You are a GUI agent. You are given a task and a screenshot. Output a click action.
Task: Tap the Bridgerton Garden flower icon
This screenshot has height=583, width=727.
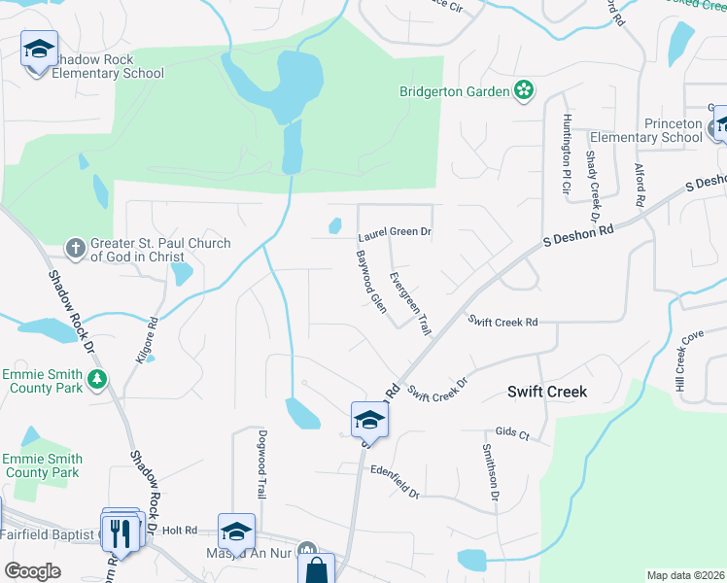point(524,91)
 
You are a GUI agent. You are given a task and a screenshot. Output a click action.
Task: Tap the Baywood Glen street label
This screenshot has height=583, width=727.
point(371,281)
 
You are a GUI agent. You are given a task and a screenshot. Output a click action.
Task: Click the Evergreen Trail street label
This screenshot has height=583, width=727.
point(410,303)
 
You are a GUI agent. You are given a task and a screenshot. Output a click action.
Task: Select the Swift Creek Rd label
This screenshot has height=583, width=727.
point(502,321)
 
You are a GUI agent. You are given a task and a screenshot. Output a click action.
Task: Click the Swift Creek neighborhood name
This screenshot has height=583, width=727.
point(547,391)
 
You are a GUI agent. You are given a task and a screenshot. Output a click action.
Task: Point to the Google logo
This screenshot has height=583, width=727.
point(33,571)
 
